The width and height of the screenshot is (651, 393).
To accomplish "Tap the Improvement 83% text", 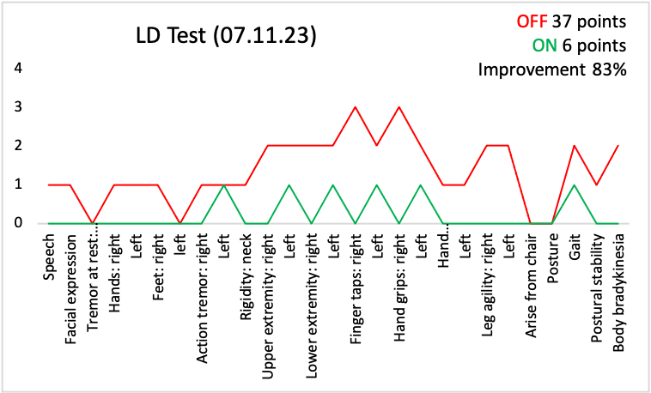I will (x=552, y=70).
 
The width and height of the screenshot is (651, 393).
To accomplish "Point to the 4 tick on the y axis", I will (x=19, y=68).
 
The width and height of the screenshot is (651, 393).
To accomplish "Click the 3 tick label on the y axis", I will (x=19, y=107).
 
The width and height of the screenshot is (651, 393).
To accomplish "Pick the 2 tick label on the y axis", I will (x=19, y=146).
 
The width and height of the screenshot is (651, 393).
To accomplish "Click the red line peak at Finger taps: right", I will (x=356, y=107).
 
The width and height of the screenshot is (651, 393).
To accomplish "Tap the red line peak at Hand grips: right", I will (x=399, y=107).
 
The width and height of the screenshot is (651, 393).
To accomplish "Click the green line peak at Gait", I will (x=575, y=184).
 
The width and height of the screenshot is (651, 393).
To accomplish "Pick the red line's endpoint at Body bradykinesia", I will (x=618, y=146).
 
